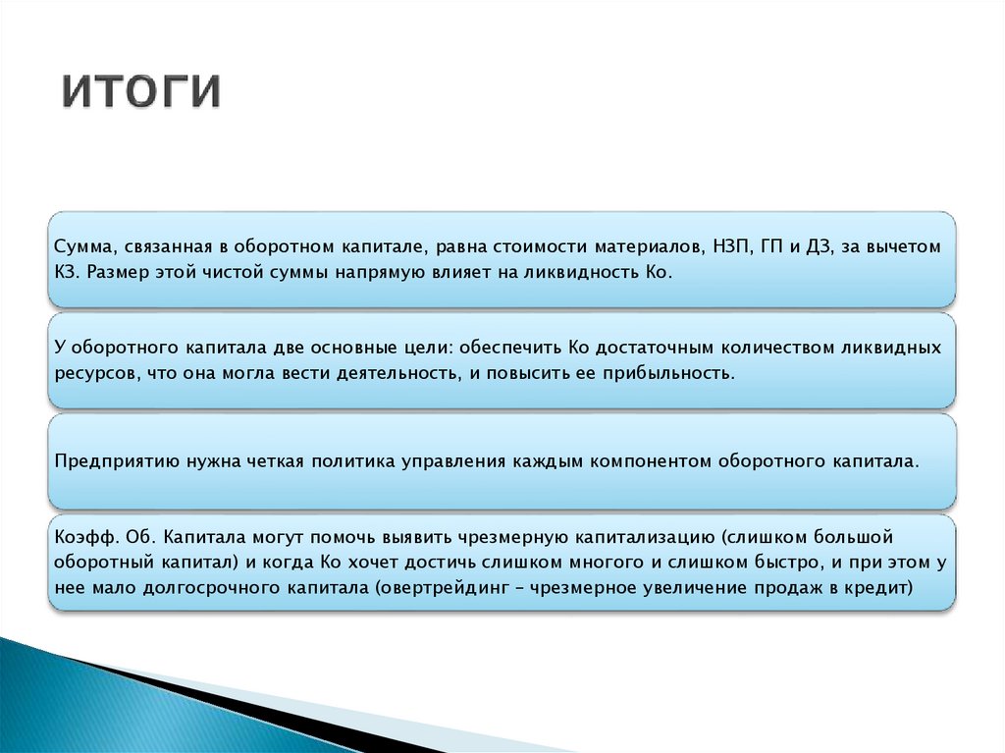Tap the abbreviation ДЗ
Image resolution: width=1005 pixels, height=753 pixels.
point(819,246)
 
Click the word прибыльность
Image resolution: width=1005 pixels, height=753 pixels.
point(668,374)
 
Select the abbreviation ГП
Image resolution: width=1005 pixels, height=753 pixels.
point(771,246)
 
